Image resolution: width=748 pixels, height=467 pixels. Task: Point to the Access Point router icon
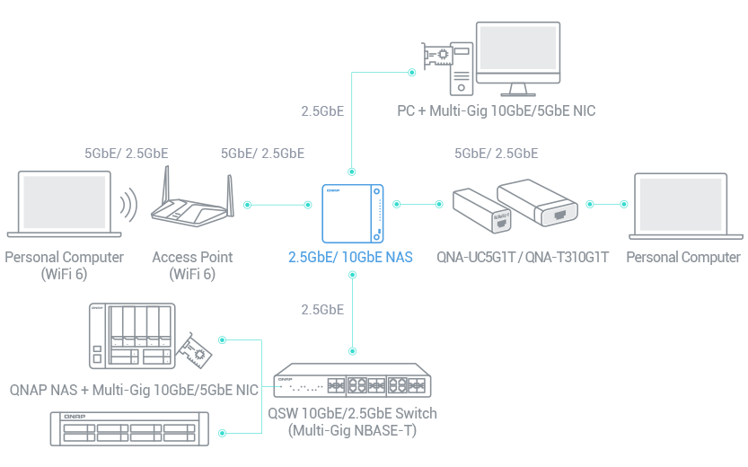(x=191, y=205)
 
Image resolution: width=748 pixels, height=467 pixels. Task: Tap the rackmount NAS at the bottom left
(x=127, y=429)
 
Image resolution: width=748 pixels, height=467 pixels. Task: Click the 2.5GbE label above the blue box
(x=322, y=112)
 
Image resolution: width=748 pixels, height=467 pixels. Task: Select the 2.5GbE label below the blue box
(x=322, y=310)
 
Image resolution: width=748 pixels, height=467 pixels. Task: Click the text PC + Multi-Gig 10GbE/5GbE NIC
(x=497, y=111)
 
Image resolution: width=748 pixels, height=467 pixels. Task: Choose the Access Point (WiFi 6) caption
(x=192, y=265)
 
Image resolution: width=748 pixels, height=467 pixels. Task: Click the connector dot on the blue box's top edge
(x=351, y=171)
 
